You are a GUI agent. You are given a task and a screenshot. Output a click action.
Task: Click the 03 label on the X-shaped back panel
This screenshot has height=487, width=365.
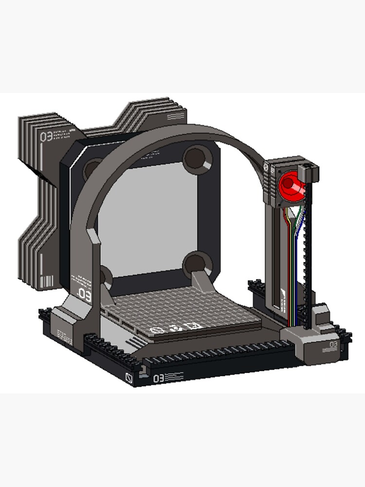point(46,136)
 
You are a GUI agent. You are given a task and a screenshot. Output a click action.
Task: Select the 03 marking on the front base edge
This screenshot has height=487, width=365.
point(159,378)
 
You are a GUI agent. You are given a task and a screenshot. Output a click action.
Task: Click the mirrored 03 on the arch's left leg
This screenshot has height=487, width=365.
point(84,295)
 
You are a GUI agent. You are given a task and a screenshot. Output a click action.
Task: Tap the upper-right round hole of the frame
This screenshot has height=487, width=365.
point(197,158)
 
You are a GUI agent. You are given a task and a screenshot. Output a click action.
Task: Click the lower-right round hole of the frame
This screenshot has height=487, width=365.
point(197,263)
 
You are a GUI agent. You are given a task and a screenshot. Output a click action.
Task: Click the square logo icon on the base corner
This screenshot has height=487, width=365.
point(129,377)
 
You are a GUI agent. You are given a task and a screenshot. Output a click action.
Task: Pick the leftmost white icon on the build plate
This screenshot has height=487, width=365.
point(156,330)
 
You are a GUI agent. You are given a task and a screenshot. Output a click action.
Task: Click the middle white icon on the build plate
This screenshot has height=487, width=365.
point(174,327)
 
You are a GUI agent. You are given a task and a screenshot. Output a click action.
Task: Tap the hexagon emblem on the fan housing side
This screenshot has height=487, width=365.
point(267,167)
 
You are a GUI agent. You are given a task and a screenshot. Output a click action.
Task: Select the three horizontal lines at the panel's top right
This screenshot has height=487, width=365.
point(175,117)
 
